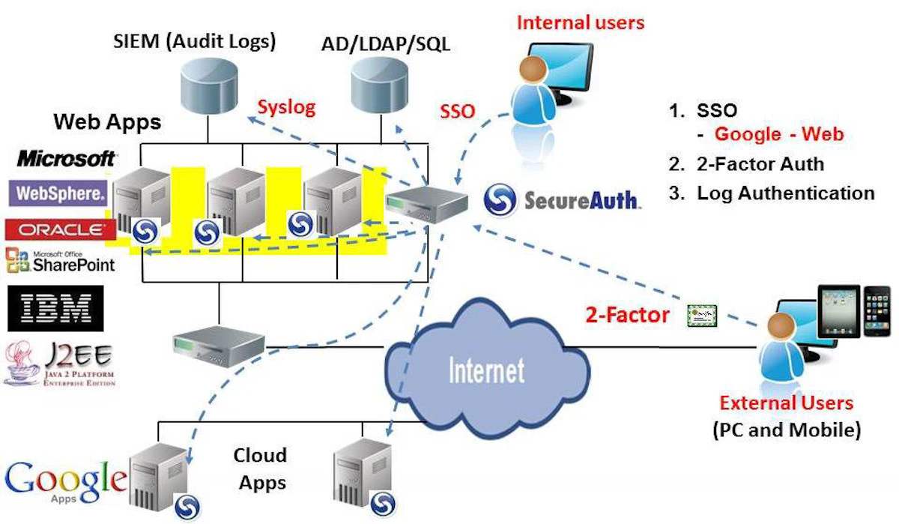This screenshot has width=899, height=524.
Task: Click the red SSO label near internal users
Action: click(x=458, y=112)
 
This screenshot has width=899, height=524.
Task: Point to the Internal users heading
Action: click(x=581, y=22)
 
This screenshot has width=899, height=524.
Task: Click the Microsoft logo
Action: click(x=67, y=159)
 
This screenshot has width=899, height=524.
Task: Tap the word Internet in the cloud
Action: click(x=486, y=370)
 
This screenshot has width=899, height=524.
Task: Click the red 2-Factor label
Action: click(x=627, y=315)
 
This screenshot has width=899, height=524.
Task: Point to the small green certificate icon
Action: click(x=702, y=316)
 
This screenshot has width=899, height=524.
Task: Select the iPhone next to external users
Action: click(x=875, y=314)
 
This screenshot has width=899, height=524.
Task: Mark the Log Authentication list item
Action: click(x=785, y=193)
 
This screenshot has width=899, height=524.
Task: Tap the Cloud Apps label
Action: click(x=260, y=469)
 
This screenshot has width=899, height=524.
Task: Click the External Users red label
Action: click(x=786, y=403)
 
